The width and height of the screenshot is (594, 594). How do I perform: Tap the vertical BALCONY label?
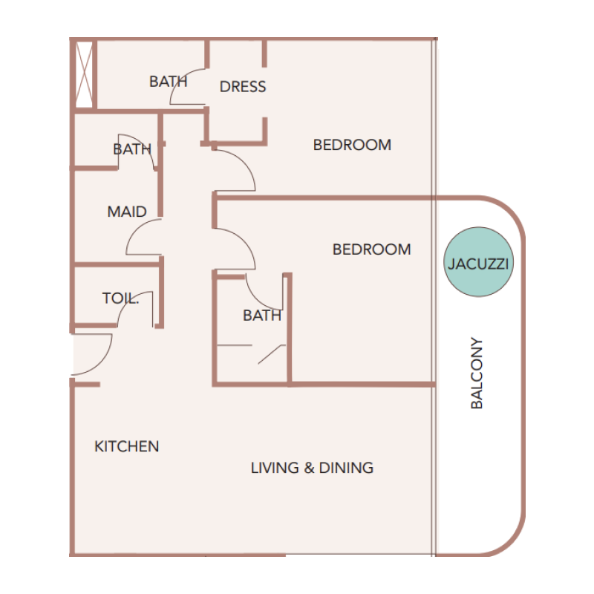477,373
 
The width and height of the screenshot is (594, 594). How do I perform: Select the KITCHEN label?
127,446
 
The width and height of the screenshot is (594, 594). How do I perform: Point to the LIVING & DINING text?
312,468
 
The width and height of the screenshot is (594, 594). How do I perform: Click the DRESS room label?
243,87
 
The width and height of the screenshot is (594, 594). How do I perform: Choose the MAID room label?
127,212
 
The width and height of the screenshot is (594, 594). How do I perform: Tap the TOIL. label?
120,298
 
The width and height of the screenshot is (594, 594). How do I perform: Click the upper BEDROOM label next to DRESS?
352,145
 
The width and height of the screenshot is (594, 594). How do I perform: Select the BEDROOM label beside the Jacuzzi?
371,249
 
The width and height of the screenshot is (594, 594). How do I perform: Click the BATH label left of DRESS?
168,82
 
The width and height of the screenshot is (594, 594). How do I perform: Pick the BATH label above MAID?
132,149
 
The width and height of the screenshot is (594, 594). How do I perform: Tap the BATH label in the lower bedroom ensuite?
262,316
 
